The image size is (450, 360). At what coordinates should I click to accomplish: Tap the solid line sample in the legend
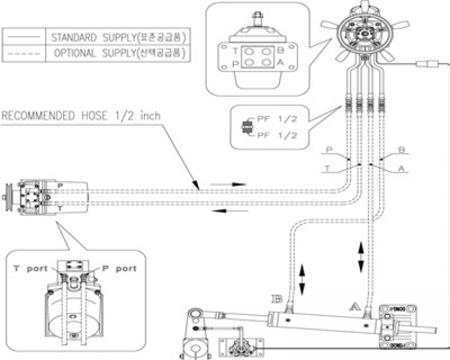point(24,37)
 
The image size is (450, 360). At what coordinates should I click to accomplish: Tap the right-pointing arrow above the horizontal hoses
point(228,184)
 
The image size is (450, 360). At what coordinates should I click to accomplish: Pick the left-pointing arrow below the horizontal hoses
point(228,210)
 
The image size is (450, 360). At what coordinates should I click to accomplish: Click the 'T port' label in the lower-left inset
point(30,268)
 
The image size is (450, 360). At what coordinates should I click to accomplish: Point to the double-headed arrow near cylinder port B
point(301,280)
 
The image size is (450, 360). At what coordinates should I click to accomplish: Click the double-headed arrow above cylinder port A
point(360,255)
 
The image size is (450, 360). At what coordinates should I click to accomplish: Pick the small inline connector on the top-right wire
point(428,63)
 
